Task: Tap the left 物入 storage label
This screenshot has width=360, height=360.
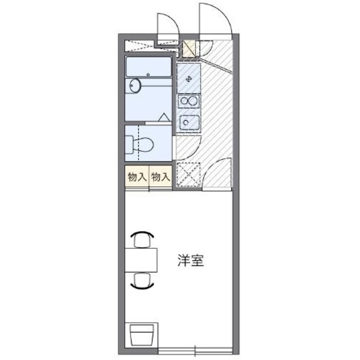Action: coord(137,176)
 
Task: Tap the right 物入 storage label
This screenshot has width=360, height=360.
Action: coord(161,176)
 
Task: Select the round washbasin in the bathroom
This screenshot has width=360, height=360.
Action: coord(135,86)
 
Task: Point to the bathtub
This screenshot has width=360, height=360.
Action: coord(148,66)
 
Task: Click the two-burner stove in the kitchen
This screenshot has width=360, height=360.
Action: coord(188,101)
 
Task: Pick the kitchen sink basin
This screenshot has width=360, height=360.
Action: coord(188,122)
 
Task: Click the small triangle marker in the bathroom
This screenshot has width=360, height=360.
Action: coord(164,116)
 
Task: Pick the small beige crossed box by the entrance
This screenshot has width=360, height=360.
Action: coord(188,49)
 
